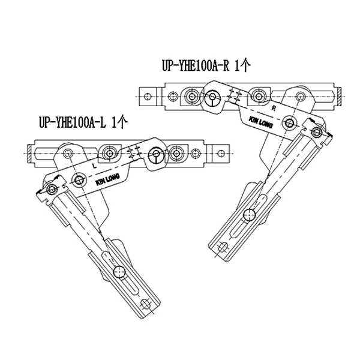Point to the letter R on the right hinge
pos(273,108)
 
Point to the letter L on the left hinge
pos(95,163)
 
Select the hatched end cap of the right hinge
pos(340,93)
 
